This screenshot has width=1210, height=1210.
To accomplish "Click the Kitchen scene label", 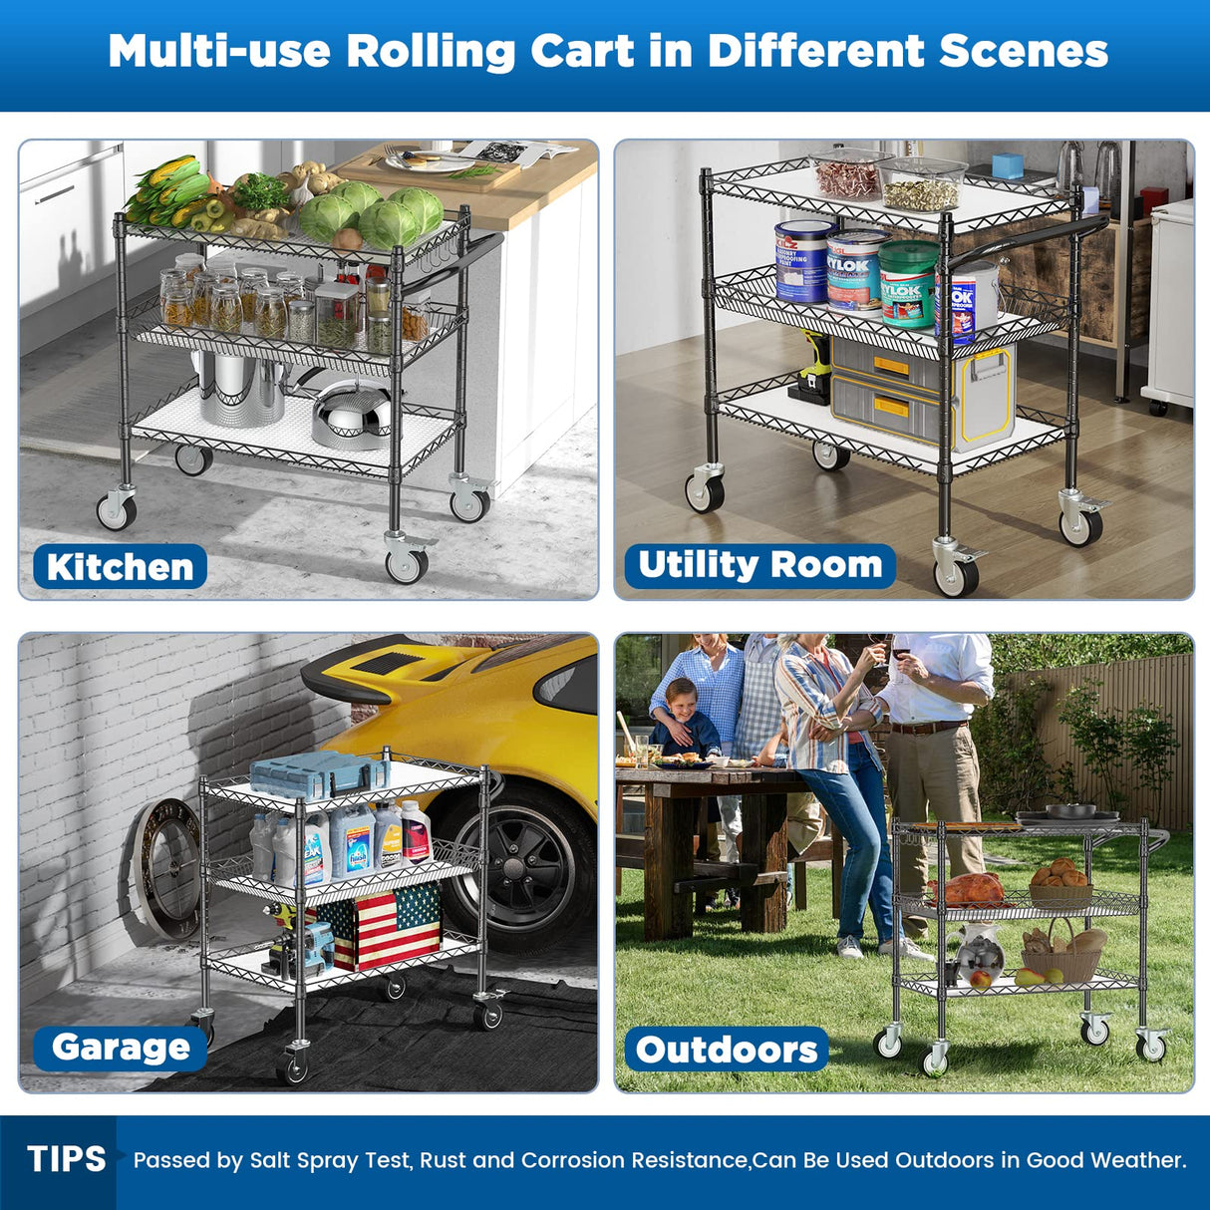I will pos(120,567).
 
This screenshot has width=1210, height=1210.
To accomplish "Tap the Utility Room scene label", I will pos(759,565).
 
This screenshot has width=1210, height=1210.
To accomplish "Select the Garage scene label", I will pos(121,1048).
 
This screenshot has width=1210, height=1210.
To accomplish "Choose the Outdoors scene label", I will pos(727,1050).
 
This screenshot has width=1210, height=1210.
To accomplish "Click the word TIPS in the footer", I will pos(66,1159).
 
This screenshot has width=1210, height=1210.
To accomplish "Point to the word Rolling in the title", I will pos(429,51).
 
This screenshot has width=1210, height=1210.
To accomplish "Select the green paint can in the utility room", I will pos(907,284).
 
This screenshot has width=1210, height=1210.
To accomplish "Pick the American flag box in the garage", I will pos(384,927).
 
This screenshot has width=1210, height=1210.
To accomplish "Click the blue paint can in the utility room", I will pos(802,261).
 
